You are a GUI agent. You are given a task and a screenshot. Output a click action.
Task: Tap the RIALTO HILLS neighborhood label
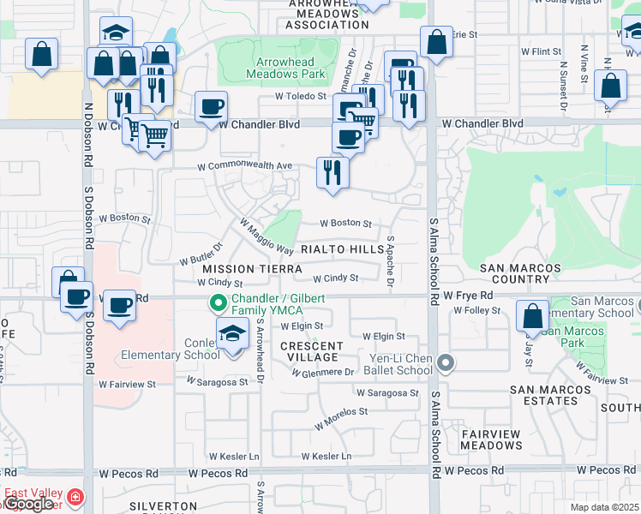342,249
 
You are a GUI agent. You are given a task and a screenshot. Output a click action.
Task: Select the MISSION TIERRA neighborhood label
241,268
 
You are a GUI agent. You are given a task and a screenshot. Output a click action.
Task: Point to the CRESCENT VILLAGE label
312,352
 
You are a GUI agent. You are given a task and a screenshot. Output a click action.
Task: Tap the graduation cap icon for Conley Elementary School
232,335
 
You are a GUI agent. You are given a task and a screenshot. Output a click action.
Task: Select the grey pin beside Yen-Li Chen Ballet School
445,364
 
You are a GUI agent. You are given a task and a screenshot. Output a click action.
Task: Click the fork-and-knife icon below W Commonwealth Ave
332,173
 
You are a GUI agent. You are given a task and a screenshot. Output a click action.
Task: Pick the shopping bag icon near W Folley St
532,315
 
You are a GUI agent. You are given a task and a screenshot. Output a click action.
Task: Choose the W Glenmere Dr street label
323,373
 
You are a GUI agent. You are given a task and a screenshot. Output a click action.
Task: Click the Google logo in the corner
29,503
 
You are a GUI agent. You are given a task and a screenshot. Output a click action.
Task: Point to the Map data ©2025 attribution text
604,507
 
